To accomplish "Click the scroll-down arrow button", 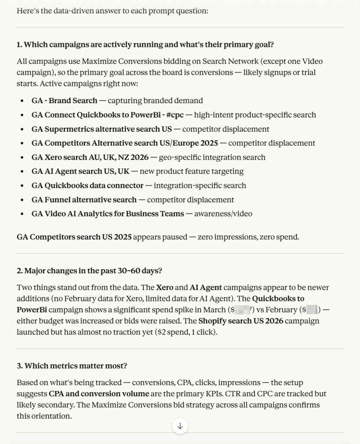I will [x=180, y=426].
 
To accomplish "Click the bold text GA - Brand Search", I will [x=64, y=101].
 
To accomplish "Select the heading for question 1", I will [x=145, y=45].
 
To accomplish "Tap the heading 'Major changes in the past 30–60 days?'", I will [x=90, y=271].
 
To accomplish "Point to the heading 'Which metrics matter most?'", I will [x=72, y=366].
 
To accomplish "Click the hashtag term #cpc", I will [x=175, y=115].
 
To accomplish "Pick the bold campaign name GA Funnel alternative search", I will [x=84, y=200].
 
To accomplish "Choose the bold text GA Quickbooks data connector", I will [x=88, y=186].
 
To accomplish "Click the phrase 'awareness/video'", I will [x=223, y=214].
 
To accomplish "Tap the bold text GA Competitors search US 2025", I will [x=74, y=237].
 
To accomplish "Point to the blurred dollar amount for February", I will [x=312, y=310].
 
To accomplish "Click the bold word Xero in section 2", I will [x=165, y=287].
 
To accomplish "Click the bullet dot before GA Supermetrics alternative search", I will [x=22, y=129].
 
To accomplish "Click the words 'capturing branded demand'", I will [x=155, y=101].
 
